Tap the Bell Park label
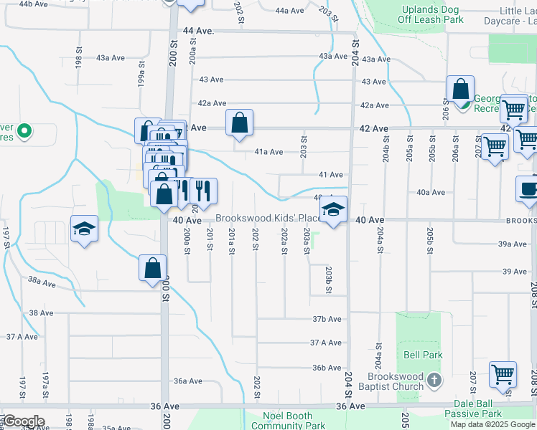click(x=423, y=355)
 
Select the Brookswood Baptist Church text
click(x=396, y=382)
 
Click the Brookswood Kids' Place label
click(x=268, y=218)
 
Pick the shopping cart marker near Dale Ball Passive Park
click(x=503, y=374)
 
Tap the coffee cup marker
click(x=529, y=189)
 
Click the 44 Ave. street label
click(x=199, y=32)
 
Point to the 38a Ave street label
click(x=42, y=283)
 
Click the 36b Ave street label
click(x=326, y=368)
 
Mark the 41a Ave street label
click(x=269, y=152)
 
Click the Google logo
click(x=24, y=421)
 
